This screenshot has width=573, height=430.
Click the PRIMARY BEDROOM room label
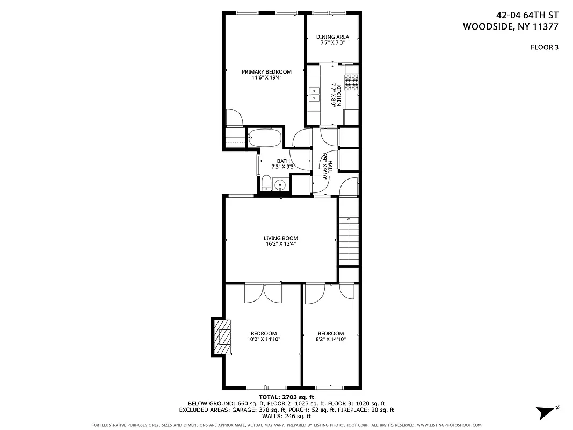tap(266, 72)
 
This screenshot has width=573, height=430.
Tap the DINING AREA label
tap(332, 37)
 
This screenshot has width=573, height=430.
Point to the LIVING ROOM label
tap(280, 238)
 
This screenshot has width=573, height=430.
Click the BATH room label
tap(283, 161)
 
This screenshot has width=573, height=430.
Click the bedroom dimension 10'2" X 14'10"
tap(264, 339)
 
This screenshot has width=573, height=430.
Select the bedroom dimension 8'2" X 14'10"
tap(330, 339)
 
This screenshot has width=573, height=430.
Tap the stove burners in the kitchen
tap(351, 82)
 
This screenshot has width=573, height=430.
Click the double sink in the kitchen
tap(314, 95)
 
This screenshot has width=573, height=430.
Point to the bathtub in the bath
tap(264, 138)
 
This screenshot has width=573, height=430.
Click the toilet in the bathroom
tap(266, 183)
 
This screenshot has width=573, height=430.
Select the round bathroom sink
tap(279, 185)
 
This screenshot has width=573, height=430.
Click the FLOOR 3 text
tap(544, 47)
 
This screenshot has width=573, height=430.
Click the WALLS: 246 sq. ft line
tap(286, 416)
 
